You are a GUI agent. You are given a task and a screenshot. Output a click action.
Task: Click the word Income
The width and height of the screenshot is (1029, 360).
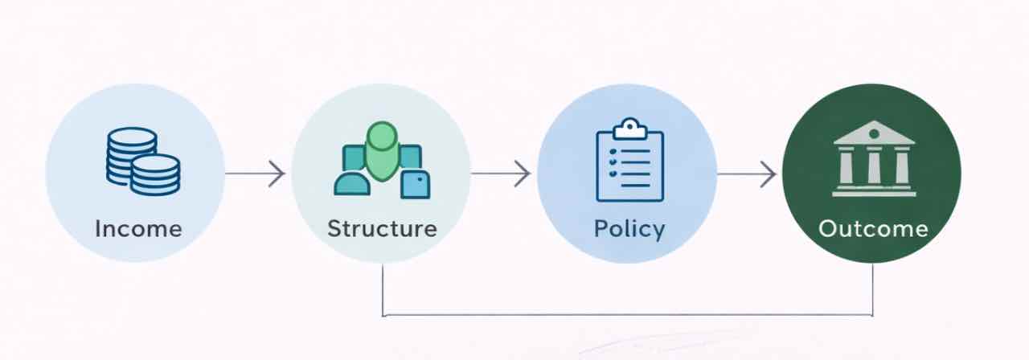[x=138, y=229]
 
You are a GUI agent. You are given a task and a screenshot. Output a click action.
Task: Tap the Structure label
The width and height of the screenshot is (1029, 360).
[x=382, y=228]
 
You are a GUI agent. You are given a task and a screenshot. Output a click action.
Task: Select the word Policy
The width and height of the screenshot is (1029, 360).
[x=629, y=229]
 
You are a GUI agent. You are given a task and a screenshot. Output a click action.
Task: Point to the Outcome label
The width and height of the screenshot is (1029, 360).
[x=873, y=229]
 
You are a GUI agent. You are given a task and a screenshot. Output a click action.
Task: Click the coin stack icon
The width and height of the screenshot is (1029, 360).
[x=142, y=161]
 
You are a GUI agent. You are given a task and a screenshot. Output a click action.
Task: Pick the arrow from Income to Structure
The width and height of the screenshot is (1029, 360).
[x=255, y=174]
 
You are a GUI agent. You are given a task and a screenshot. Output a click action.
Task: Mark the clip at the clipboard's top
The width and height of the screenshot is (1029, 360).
[x=629, y=127]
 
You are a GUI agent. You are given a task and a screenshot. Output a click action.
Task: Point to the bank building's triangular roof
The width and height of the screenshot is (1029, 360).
[x=874, y=133]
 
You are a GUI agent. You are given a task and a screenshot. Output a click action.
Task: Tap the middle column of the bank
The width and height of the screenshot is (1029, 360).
[x=874, y=166]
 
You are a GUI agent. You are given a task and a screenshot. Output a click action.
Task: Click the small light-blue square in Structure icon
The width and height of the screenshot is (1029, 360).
[x=416, y=184]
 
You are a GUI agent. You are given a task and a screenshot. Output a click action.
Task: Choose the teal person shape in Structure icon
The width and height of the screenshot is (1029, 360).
[x=352, y=184]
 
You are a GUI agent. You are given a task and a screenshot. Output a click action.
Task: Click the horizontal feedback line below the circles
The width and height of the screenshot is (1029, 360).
[x=627, y=315]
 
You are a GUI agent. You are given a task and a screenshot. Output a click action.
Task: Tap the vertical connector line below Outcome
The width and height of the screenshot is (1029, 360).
[x=873, y=289]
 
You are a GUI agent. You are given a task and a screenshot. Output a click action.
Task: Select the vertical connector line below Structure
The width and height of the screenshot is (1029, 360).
[x=383, y=289]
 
